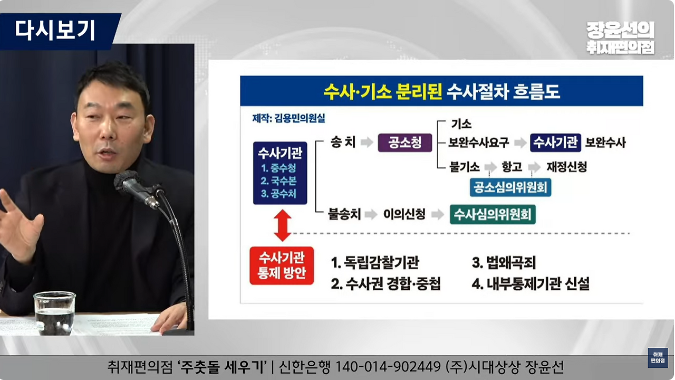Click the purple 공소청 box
404,142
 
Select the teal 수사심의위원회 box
493,215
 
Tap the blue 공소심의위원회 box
510,187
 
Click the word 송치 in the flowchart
343,142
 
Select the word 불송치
344,215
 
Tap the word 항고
512,167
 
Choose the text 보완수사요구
479,142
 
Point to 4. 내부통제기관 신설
531,284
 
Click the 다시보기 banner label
55,31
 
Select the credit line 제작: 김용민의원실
288,118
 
